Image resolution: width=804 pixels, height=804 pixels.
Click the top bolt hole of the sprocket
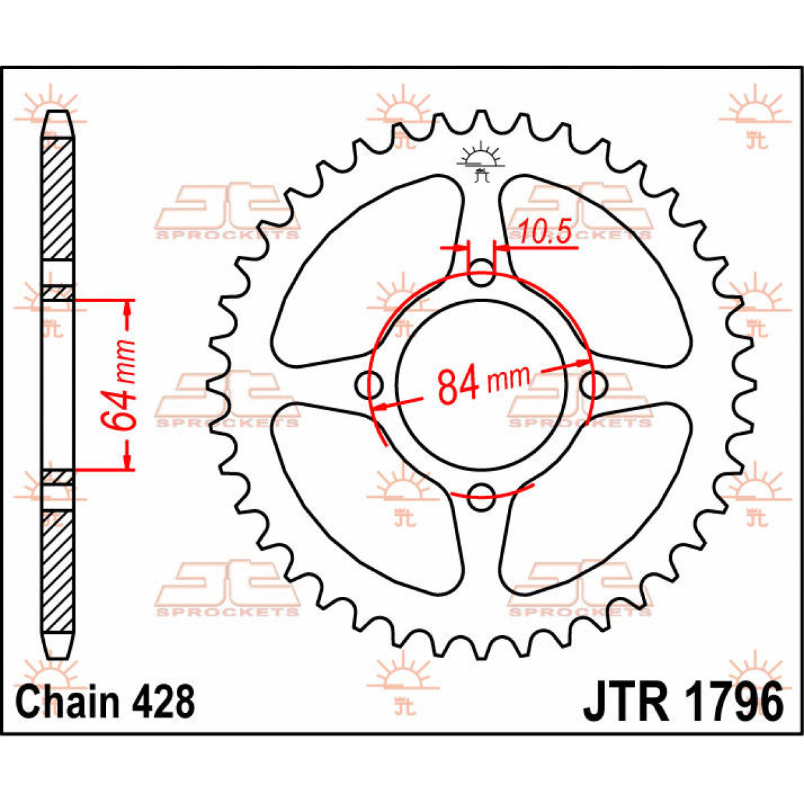(482, 272)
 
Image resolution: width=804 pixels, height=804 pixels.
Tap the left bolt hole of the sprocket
(368, 385)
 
